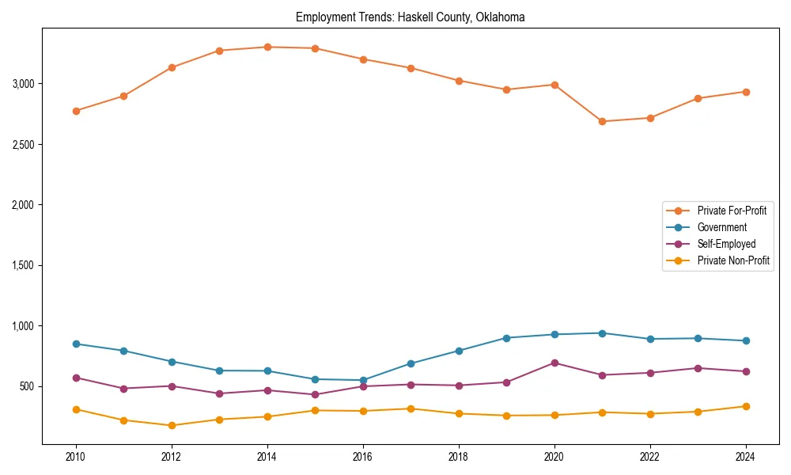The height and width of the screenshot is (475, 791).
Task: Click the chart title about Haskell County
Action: tap(410, 17)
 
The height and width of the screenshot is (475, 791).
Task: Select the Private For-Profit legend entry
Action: tap(731, 211)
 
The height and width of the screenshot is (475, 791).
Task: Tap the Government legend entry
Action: tap(721, 227)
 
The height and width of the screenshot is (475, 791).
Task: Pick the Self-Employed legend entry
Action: tap(726, 244)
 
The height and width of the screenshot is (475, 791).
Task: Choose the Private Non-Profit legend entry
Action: tap(733, 260)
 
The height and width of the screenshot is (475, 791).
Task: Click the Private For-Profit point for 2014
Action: tap(267, 47)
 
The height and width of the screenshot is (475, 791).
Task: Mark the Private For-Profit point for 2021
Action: tap(602, 121)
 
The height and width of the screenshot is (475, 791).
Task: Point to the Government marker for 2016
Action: tap(363, 380)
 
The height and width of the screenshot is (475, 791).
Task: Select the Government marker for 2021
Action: tap(602, 333)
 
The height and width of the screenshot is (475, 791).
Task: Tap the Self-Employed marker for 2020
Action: tap(554, 363)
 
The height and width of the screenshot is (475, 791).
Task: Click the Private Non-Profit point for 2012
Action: tap(172, 425)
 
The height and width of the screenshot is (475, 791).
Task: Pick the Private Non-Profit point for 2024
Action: tap(745, 406)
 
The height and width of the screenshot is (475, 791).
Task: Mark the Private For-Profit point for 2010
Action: tap(76, 111)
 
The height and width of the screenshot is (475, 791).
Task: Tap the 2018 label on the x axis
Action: tap(459, 457)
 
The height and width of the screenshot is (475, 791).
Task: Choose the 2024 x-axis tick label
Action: tap(745, 457)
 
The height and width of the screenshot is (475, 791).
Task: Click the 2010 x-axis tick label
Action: tap(76, 457)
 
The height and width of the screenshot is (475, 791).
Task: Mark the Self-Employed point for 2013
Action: tap(219, 393)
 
